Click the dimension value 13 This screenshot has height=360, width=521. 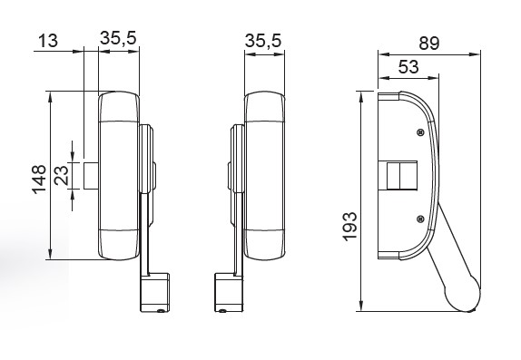point(48,41)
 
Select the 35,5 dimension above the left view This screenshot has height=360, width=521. point(118,38)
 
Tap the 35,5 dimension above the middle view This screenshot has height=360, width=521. point(263,41)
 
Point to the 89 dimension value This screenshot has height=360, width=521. point(429,44)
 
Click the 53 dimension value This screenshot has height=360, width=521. point(408,67)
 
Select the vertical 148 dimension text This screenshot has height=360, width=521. point(39,180)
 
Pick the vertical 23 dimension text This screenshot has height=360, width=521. point(61,175)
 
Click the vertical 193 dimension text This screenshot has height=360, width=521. point(349,227)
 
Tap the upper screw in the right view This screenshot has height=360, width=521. point(420,132)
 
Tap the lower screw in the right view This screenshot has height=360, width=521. point(420,219)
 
